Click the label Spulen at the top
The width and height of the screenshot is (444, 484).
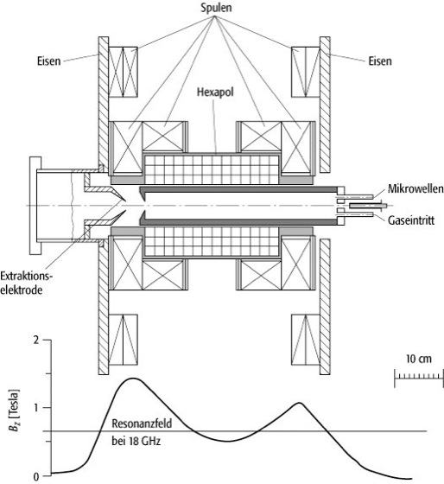216,8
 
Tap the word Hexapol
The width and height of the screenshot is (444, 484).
215,92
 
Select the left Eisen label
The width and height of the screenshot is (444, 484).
49,61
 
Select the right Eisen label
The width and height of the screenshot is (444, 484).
380,61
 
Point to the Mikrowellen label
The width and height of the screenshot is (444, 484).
415,188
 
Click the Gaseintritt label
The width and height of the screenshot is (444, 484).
411,220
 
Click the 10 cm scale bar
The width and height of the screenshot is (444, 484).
419,377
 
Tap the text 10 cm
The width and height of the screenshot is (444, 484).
419,359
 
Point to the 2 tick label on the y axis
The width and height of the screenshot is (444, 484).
37,341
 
